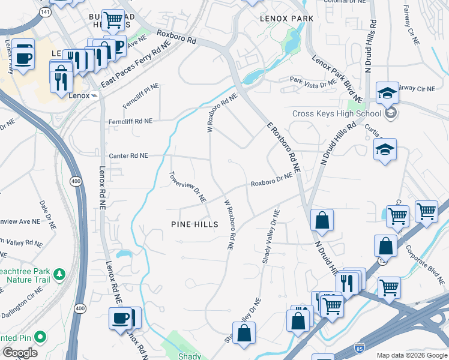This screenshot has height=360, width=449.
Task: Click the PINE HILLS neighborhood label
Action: [193, 224]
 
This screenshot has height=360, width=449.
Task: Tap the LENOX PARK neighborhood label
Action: [286, 19]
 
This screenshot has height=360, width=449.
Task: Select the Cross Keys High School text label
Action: [336, 113]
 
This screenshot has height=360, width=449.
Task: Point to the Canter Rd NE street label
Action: [128, 155]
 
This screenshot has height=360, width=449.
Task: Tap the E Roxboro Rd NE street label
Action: [283, 146]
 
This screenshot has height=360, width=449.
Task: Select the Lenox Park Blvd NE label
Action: [337, 78]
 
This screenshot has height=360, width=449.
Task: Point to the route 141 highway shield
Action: [46, 11]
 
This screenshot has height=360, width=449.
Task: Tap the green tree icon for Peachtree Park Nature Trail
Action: [59, 274]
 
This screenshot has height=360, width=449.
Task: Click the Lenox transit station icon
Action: [94, 95]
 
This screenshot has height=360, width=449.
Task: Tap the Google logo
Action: [20, 353]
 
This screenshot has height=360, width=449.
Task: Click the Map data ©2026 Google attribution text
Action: [411, 355]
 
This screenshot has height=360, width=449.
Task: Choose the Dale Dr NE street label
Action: [47, 216]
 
